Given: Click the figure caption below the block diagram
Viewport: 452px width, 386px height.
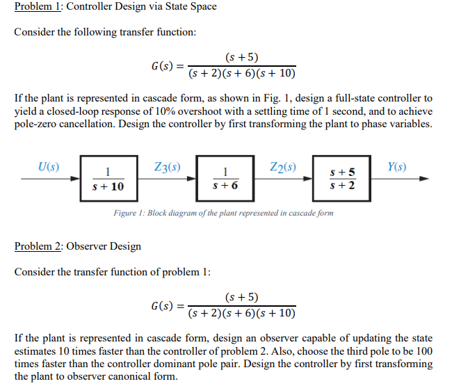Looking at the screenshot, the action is pos(223,213).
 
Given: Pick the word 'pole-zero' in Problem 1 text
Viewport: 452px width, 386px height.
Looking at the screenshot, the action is pos(38,124).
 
